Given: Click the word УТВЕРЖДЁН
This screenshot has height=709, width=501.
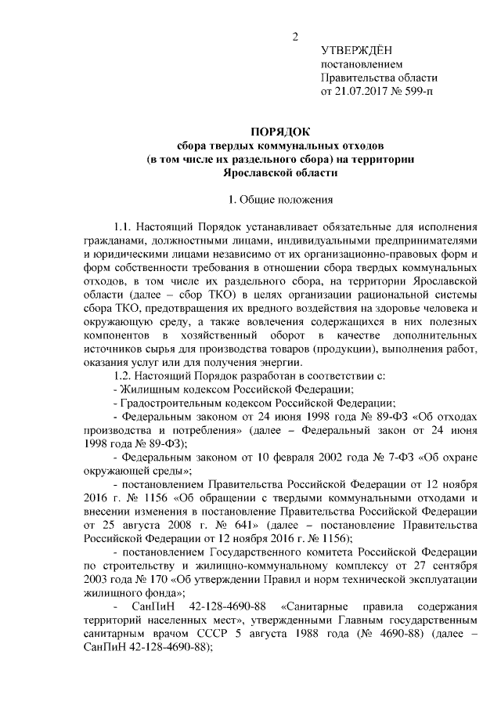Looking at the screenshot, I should pos(358,50).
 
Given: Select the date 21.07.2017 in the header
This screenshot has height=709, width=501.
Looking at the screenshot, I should pos(362,92).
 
